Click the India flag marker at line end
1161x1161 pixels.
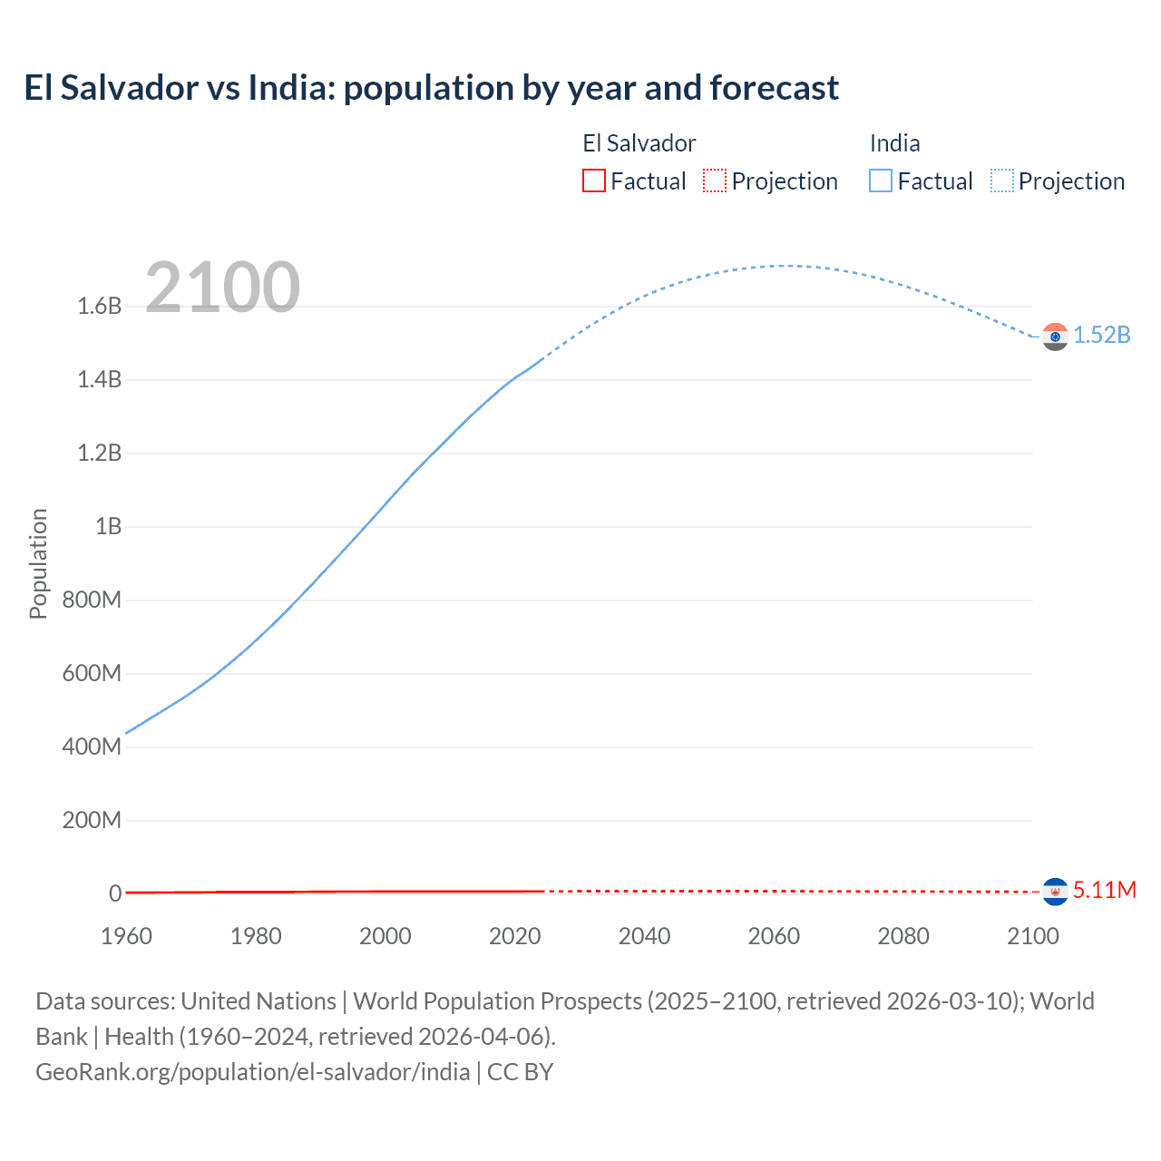pos(1054,337)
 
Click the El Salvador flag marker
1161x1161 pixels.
pos(1054,892)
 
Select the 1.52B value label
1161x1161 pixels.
pos(1102,335)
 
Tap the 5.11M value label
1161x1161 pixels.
pos(1104,890)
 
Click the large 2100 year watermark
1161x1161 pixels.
pos(222,288)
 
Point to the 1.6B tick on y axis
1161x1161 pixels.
pos(100,306)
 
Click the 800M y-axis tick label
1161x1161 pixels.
pos(92,600)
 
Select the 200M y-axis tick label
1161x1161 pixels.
pos(92,820)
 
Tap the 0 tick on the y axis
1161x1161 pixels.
pos(115,893)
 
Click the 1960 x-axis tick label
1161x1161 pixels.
pos(126,936)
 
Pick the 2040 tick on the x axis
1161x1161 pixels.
pos(644,936)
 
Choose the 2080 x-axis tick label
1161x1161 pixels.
pos(902,936)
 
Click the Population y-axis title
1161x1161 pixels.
pos(38,563)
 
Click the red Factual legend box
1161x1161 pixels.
pos(593,180)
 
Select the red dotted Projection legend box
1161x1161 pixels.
pos(715,180)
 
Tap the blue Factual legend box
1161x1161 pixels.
pos(881,180)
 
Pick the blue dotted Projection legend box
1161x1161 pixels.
pos(1001,180)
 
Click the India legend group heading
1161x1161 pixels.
pos(894,143)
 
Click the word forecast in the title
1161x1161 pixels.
pos(774,88)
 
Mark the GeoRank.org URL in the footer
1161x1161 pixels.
pos(252,1071)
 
